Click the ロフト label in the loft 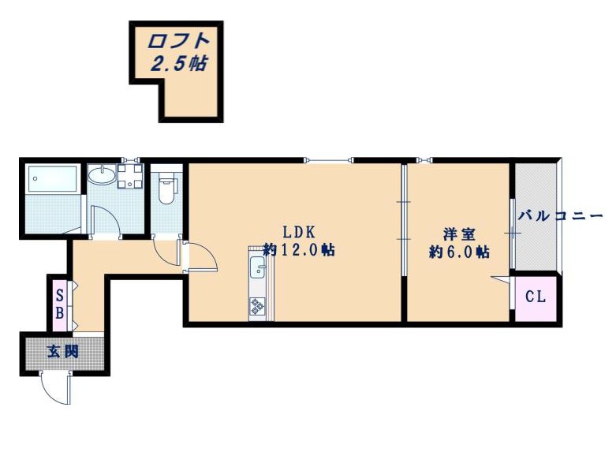(x=177, y=41)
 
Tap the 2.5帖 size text (x=179, y=63)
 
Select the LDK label (x=300, y=232)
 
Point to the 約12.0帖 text (x=299, y=249)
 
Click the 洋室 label (x=459, y=234)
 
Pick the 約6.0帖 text (x=459, y=252)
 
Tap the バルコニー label (x=560, y=216)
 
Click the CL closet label (x=536, y=297)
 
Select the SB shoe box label (x=60, y=304)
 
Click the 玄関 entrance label (x=63, y=351)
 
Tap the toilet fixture (x=166, y=188)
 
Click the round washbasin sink (x=102, y=174)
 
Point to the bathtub (x=52, y=179)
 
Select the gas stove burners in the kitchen (x=257, y=306)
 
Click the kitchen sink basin (x=258, y=267)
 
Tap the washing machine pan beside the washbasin (x=130, y=176)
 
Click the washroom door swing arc (x=111, y=215)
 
